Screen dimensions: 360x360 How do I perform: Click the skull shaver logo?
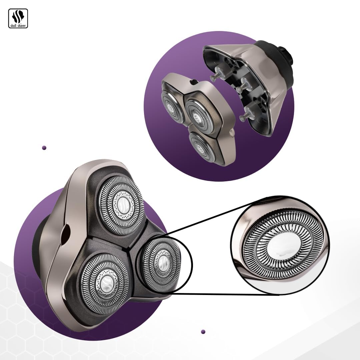(x=18, y=18)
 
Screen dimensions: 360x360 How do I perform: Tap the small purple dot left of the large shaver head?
(x=44, y=148)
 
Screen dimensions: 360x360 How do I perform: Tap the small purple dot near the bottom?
(x=203, y=332)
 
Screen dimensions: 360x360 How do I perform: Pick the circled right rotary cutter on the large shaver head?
(x=161, y=264)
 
